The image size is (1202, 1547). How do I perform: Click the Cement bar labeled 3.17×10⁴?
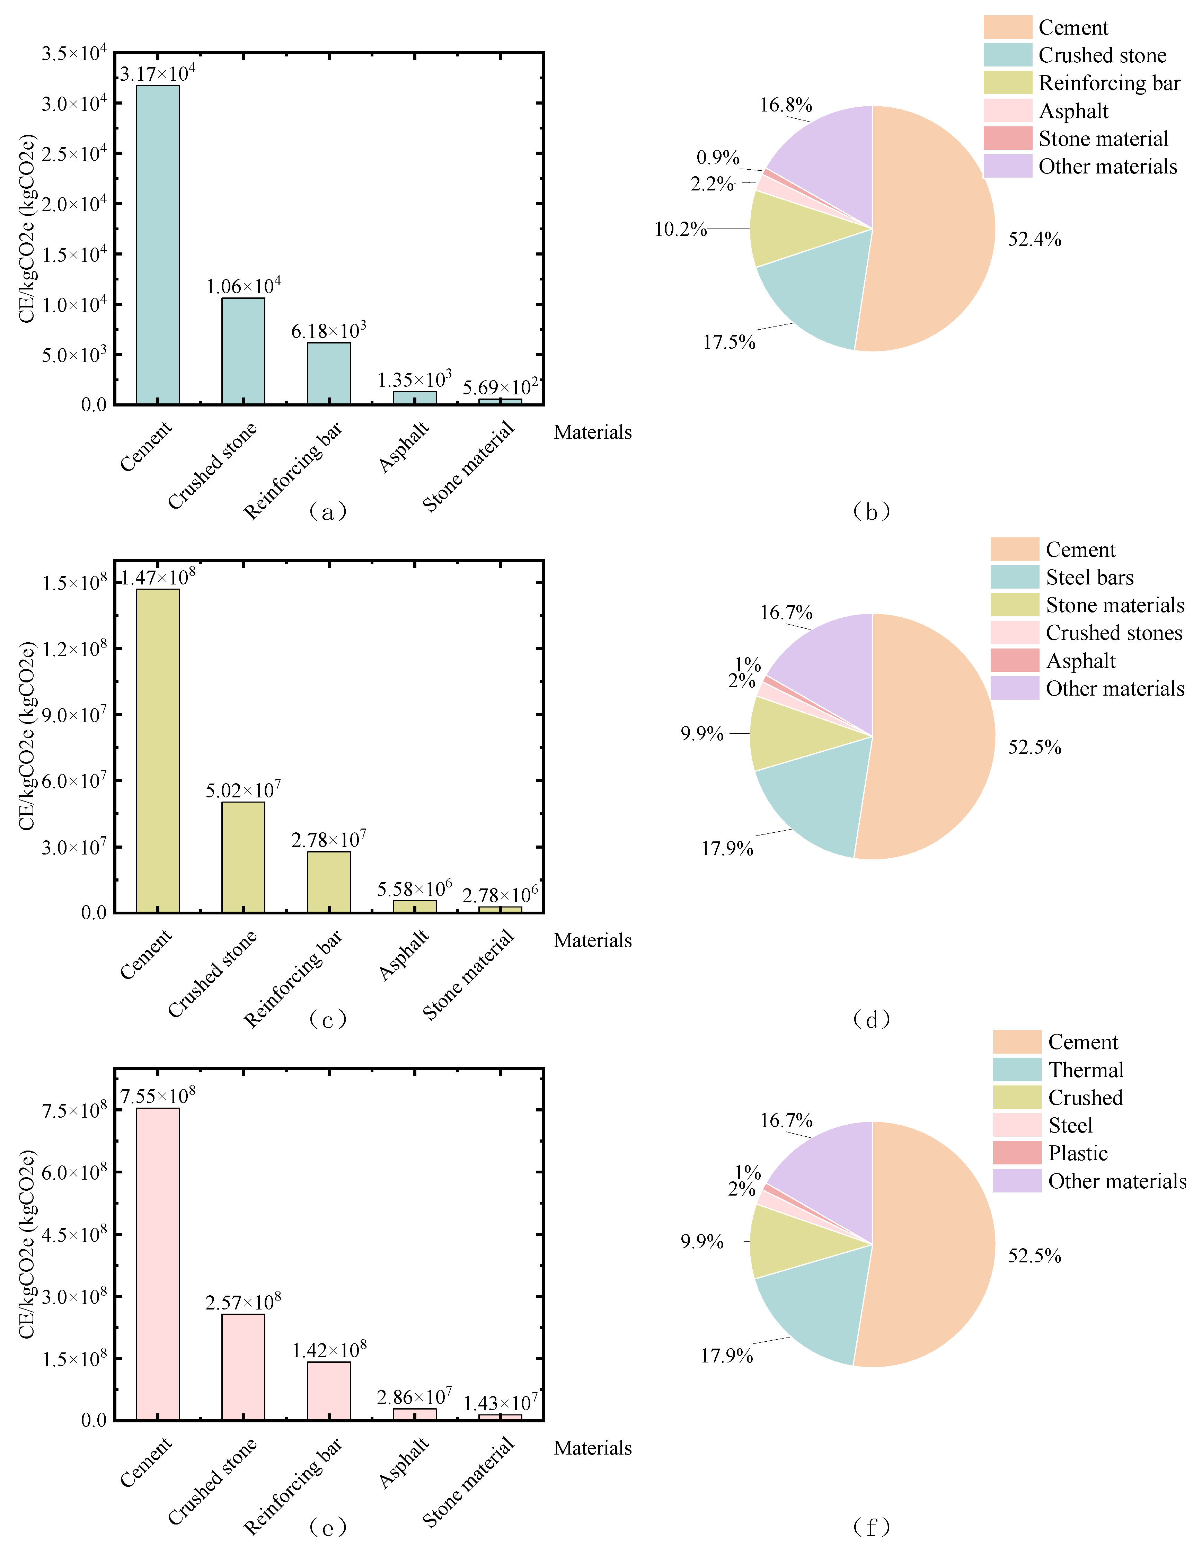(157, 244)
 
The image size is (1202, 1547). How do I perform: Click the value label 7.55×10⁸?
(157, 1096)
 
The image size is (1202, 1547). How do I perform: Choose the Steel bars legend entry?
(1089, 577)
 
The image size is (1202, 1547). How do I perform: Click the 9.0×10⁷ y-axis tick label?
(74, 715)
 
